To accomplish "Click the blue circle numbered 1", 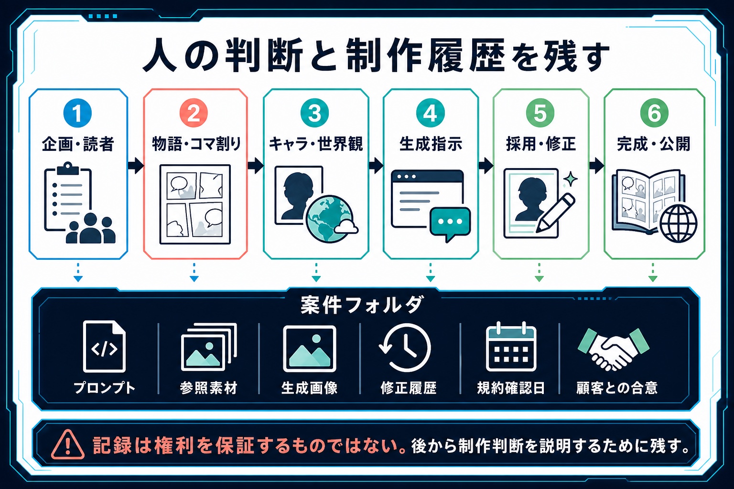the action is [77, 113].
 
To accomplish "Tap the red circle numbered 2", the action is [194, 113].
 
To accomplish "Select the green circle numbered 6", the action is [654, 113].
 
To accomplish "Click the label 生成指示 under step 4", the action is [431, 144].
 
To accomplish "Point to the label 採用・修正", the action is [540, 144].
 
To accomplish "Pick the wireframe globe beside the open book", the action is [678, 223].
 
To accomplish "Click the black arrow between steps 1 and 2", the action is [136, 165].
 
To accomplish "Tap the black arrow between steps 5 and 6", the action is [596, 165].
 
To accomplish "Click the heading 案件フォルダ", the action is [362, 305].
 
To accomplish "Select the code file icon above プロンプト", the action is [104, 346].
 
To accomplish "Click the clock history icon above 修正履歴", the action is [405, 348].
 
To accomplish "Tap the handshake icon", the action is [614, 349].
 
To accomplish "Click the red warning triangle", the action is [68, 444].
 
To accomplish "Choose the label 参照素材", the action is [208, 388].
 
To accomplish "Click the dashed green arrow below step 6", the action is [653, 272].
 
